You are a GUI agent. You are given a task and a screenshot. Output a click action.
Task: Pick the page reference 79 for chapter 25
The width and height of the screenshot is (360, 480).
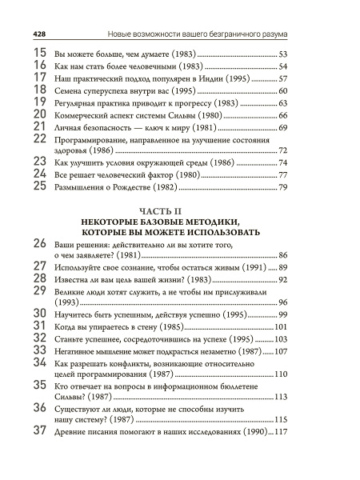point(282,188)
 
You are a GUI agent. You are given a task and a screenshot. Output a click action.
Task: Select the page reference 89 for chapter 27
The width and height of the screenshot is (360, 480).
point(282,266)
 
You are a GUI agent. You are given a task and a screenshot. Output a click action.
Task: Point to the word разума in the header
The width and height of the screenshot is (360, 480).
point(273,34)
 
